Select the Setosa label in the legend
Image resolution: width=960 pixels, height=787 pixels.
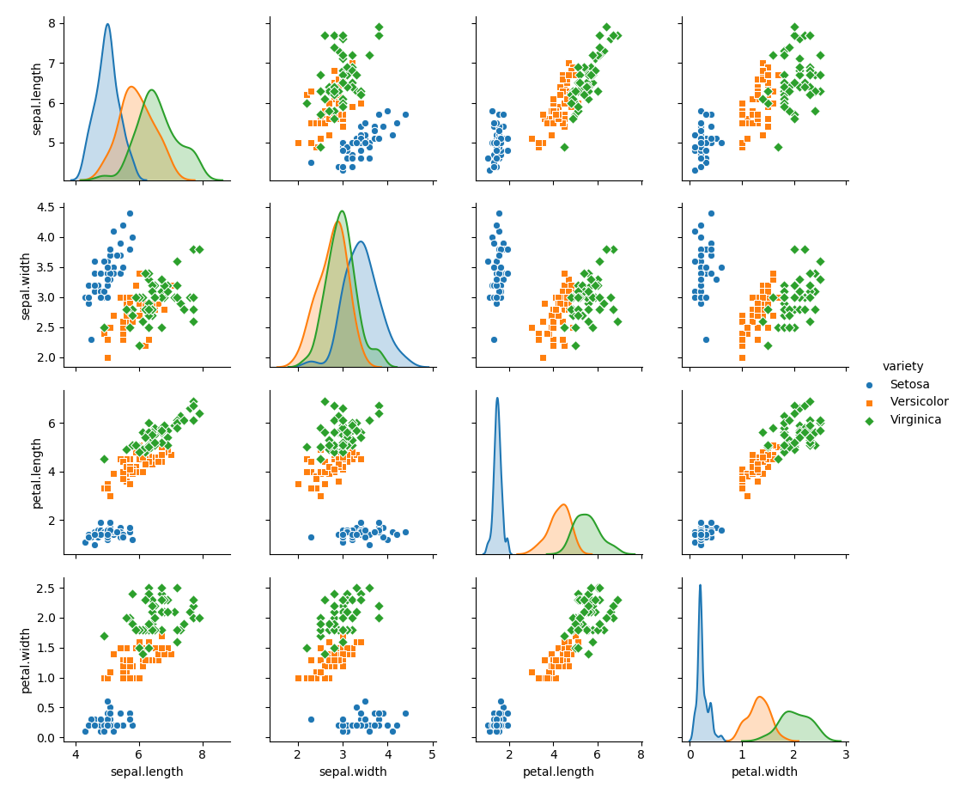click(x=909, y=384)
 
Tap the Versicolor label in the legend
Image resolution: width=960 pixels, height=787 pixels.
click(x=919, y=402)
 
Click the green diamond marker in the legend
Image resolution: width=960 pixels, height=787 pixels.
click(x=869, y=420)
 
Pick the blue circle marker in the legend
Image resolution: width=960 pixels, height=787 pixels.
click(x=869, y=385)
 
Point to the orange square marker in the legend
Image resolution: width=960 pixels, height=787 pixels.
click(x=869, y=402)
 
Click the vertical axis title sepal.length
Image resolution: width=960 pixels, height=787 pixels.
click(x=37, y=98)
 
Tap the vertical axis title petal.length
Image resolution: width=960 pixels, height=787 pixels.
click(x=37, y=473)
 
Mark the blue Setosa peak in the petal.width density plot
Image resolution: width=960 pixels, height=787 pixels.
click(x=700, y=586)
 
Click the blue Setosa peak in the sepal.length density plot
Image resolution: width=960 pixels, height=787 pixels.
click(x=107, y=24)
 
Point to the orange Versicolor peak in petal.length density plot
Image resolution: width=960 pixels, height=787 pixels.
click(x=563, y=504)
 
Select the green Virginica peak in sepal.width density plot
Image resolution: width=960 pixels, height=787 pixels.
click(x=343, y=211)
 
